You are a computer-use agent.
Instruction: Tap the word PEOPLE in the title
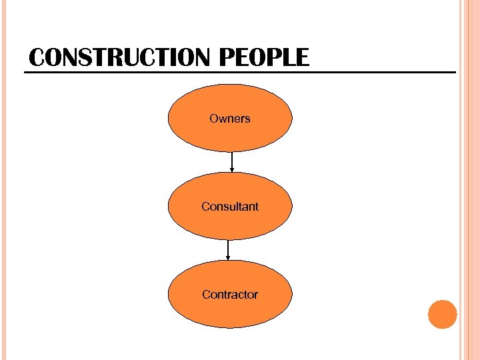[264, 58]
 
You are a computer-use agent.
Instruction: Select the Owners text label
[229, 119]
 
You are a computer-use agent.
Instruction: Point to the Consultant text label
[229, 207]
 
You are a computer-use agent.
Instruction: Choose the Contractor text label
[229, 294]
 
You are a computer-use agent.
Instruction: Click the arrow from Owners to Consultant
[231, 161]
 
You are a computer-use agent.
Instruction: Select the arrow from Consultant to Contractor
[229, 249]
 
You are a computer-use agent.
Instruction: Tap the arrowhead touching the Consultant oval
[231, 170]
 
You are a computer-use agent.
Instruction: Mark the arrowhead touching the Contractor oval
[229, 258]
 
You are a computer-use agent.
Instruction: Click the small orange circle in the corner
[442, 314]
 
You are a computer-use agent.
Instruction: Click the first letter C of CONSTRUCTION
[37, 58]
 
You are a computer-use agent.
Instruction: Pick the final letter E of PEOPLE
[303, 58]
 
